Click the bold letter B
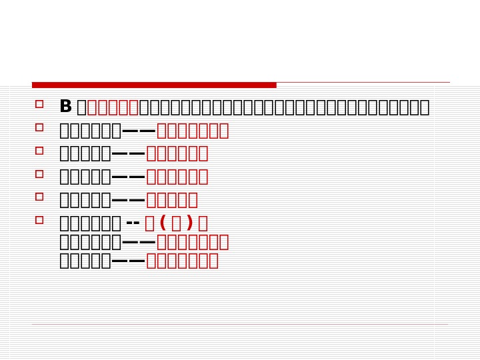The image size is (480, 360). click(65, 107)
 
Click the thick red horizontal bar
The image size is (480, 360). click(154, 85)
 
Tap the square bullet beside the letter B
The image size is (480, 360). click(39, 104)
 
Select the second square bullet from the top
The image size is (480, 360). click(39, 127)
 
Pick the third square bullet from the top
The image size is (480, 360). click(39, 151)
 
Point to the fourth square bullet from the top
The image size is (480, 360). click(39, 173)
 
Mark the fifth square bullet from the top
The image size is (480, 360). click(39, 197)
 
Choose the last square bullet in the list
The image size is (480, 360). click(39, 219)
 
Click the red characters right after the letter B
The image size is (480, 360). click(113, 107)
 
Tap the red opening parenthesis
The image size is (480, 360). click(163, 223)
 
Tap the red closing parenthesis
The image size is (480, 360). click(189, 223)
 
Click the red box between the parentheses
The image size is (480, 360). click(176, 223)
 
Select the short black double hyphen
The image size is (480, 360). click(133, 223)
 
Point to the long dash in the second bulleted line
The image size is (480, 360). click(139, 130)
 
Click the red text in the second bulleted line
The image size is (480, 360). click(193, 130)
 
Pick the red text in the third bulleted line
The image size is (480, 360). click(177, 153)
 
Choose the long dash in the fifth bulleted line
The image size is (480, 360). click(129, 200)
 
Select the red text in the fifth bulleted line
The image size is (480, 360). click(172, 200)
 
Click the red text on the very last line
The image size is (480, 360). click(182, 261)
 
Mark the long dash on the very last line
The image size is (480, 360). click(129, 261)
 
